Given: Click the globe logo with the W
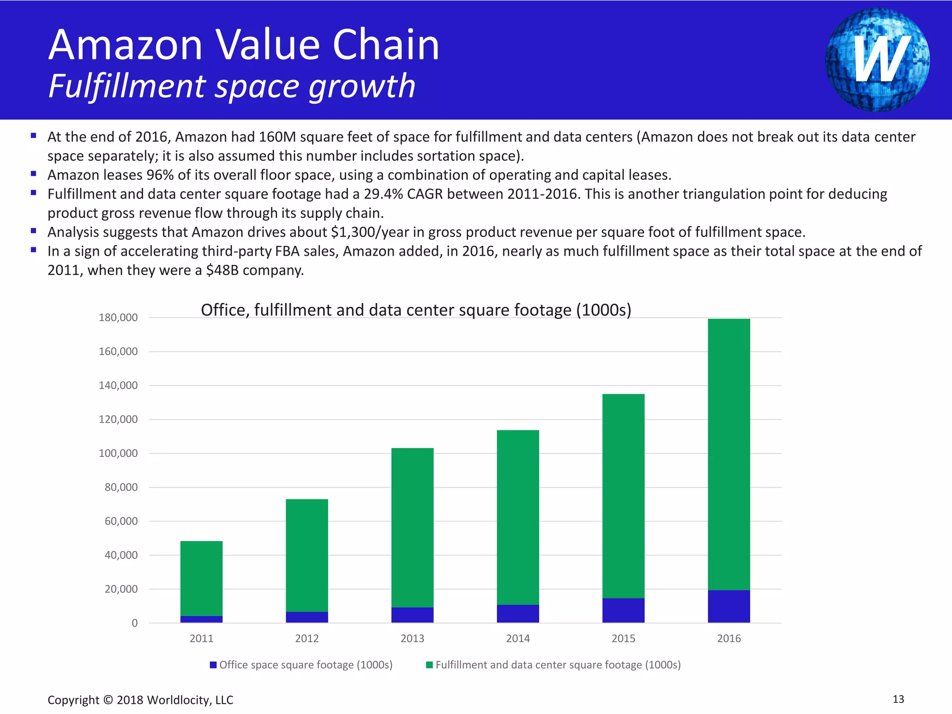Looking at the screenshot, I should [877, 59].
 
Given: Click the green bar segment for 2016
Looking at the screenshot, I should [728, 454].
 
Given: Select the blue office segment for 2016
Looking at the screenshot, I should [728, 606].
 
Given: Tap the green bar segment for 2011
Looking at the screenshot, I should [201, 578].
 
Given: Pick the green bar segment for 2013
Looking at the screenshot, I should [412, 528].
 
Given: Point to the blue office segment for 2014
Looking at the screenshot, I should [518, 614].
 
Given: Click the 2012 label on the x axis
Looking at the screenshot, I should [307, 638].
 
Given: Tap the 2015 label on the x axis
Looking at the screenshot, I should [623, 638].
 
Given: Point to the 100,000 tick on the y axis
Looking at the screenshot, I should [118, 453].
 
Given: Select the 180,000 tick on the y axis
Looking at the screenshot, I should [118, 317].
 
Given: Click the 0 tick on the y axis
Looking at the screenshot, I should [134, 623].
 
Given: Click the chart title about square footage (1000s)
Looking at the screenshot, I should [416, 310].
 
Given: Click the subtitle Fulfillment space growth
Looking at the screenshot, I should [231, 86].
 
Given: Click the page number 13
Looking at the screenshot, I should [898, 699].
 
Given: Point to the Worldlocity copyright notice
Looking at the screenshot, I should [140, 700].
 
